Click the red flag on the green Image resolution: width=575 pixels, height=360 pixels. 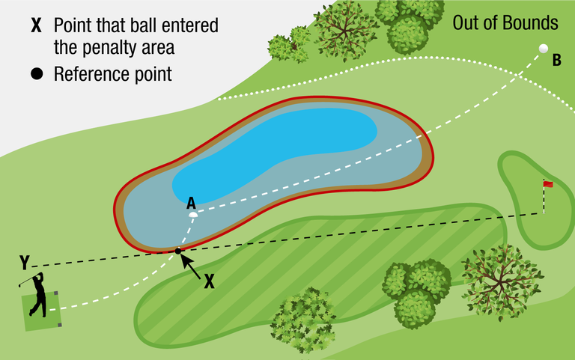548,183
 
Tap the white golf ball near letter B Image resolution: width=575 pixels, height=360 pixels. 544,49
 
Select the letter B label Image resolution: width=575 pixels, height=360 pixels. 556,61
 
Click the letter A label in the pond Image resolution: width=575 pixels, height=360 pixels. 191,203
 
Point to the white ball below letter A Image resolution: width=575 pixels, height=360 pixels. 193,216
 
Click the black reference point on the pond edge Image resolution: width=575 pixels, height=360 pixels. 177,251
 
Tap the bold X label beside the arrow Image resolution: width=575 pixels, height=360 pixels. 210,281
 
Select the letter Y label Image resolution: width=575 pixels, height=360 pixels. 25,263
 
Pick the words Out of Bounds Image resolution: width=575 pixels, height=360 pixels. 505,23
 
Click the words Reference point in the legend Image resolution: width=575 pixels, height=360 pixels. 113,74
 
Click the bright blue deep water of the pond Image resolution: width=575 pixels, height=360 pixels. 299,142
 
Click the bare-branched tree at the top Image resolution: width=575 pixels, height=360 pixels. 344,28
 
